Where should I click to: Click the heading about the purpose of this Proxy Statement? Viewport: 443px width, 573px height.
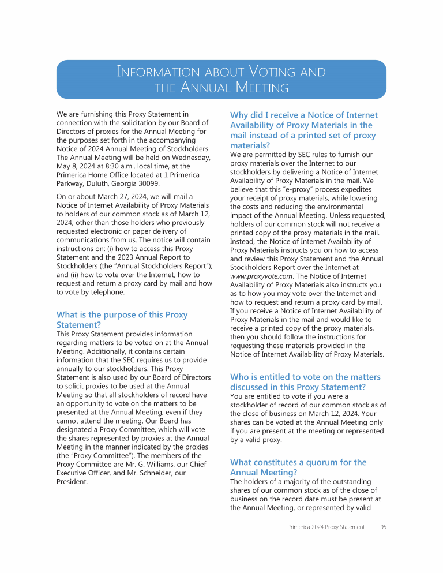tap(122, 320)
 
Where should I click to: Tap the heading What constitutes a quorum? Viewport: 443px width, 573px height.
tap(298, 467)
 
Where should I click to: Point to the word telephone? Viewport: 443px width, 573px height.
tap(106, 292)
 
